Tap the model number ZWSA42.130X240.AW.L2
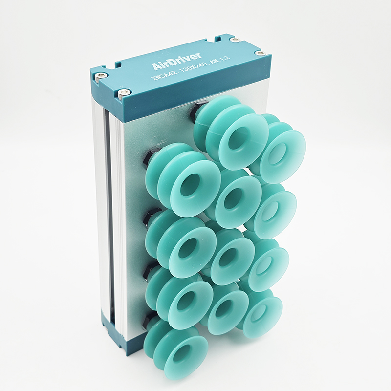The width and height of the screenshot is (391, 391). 191,68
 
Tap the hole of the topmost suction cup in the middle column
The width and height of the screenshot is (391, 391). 238,138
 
